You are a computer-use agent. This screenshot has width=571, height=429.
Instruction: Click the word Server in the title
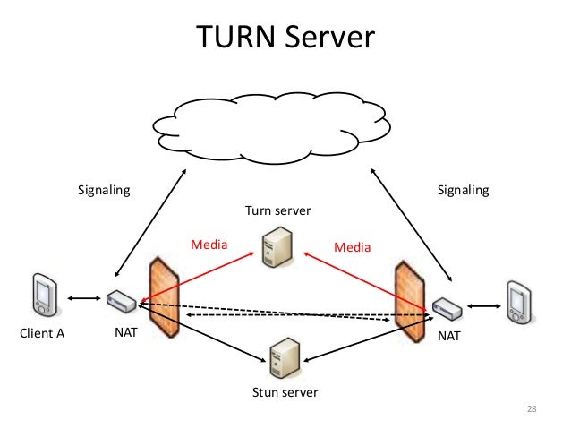click(328, 38)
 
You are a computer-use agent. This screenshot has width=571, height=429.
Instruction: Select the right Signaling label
click(462, 190)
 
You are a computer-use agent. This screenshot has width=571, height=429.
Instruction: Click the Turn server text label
click(278, 210)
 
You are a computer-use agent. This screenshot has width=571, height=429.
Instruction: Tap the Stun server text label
click(285, 392)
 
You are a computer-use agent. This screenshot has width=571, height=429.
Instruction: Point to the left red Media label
click(210, 244)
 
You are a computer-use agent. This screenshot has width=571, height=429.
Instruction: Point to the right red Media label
click(351, 245)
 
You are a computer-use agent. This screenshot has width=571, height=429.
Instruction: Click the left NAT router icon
click(121, 302)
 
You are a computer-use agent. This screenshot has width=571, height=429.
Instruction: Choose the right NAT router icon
click(446, 309)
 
